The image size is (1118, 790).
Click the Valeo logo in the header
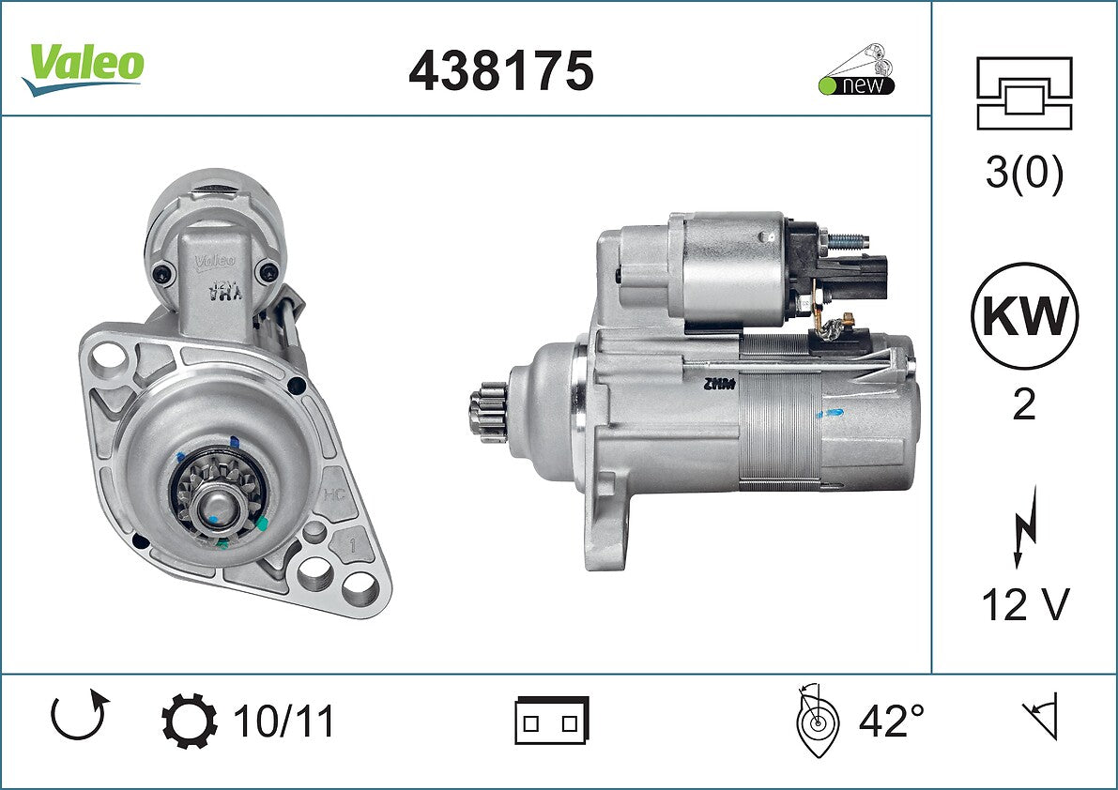tap(84, 68)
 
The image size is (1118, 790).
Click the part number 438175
tap(500, 70)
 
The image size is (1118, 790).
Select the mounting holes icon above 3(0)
tap(1024, 93)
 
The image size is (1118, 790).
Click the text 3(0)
tap(1024, 173)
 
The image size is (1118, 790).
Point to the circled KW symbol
tap(1024, 315)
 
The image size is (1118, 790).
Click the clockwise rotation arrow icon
tap(79, 715)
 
